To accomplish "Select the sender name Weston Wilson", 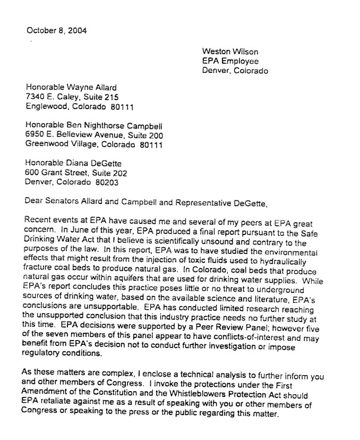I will coord(230,52).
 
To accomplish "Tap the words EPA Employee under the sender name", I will coord(230,61).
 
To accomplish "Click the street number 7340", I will coord(36,97).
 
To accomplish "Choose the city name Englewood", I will coord(46,106).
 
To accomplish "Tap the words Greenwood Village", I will coord(58,144).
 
